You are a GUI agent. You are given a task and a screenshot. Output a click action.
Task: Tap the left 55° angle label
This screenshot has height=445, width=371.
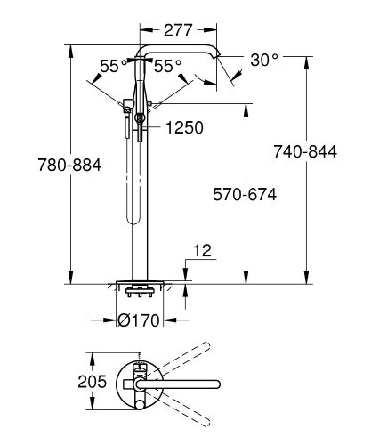tap(109, 66)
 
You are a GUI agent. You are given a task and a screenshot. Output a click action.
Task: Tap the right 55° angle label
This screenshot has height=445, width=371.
tap(168, 66)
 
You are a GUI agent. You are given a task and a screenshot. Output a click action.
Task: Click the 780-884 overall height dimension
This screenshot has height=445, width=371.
tap(39, 166)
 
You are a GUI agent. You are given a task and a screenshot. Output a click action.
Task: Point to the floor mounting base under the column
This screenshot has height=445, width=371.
tap(139, 287)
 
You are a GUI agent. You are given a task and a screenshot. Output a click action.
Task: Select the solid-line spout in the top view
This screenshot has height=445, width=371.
tap(178, 382)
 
